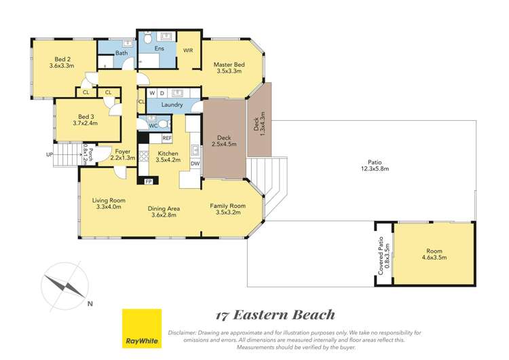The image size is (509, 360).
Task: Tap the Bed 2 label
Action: (x=61, y=62)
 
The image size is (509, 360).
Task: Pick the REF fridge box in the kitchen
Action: (x=167, y=138)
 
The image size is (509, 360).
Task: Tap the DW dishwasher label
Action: (x=194, y=164)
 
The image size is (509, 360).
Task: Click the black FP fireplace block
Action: (x=149, y=181)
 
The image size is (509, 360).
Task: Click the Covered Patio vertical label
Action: (x=383, y=255)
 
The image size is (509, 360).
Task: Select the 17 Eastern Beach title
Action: (x=275, y=314)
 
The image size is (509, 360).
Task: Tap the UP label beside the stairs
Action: (x=50, y=155)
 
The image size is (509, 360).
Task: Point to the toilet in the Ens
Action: (x=147, y=39)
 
